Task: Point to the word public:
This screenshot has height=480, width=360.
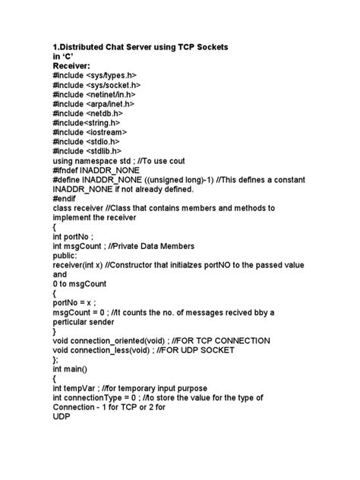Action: point(68,255)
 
